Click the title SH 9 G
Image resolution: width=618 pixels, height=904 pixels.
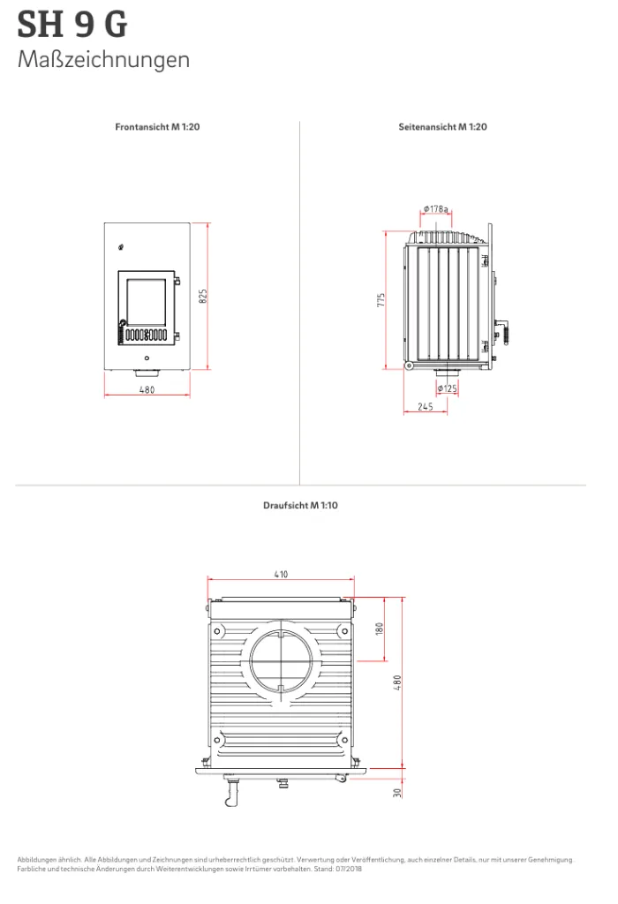point(72,24)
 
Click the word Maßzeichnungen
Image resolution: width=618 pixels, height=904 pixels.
point(104,60)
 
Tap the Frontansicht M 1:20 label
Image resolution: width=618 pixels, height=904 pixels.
point(157,127)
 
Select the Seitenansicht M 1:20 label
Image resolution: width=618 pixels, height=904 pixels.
point(442,127)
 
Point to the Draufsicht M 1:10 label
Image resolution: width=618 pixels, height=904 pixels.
point(300,506)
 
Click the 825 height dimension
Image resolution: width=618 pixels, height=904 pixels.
point(203,297)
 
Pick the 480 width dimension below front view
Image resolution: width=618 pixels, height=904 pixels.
point(147,390)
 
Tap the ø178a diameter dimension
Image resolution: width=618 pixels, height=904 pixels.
point(436,208)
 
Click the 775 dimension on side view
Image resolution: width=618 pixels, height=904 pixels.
point(381,300)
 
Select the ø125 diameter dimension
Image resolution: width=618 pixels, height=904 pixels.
point(448,388)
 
